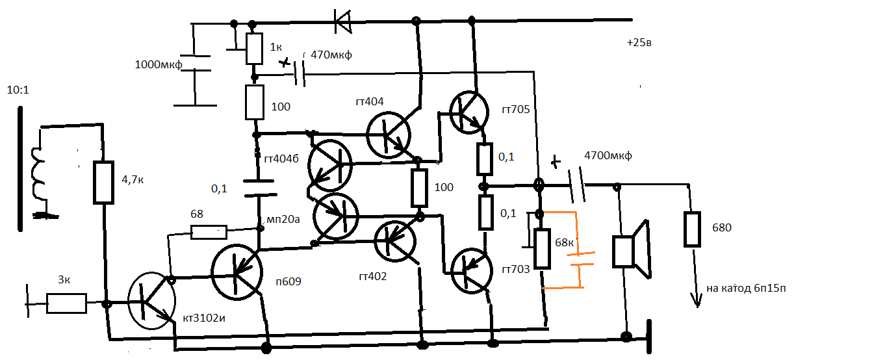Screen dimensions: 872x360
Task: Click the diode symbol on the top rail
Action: point(343,21)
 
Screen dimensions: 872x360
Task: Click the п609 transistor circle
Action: point(237,272)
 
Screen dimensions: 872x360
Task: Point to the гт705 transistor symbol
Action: point(469,112)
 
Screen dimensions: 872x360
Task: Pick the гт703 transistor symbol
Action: point(472,271)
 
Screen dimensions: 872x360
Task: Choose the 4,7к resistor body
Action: point(103,183)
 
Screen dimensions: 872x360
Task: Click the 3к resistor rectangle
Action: point(66,303)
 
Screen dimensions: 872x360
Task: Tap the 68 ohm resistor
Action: point(209,233)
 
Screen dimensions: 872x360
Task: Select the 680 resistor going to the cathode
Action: point(692,229)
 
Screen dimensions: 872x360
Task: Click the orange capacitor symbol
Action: point(580,259)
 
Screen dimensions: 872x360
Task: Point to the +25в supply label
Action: point(639,42)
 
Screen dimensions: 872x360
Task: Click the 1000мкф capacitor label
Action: point(159,64)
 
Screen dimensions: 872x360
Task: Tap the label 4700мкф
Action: point(608,155)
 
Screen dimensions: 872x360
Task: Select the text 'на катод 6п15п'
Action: point(746,288)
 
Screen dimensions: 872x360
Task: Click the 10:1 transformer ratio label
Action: point(18,90)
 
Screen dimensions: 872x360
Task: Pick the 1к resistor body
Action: point(254,49)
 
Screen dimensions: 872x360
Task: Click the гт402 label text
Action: point(372,276)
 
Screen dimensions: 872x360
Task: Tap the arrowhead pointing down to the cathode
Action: point(696,300)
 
